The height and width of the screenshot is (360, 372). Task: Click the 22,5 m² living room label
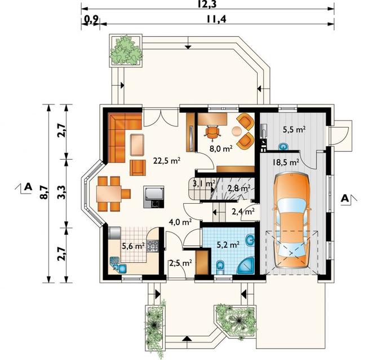coord(167,161)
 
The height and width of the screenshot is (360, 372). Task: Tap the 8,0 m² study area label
coord(221,148)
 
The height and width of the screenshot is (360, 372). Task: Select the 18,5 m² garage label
coord(286,163)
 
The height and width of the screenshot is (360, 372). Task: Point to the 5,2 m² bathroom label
coord(228,244)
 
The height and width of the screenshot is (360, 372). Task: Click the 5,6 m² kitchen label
coord(134,246)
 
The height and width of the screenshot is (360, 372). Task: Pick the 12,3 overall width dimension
coord(207,4)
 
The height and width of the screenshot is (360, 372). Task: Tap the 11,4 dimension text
coord(216,19)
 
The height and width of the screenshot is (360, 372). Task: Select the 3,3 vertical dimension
coord(61,192)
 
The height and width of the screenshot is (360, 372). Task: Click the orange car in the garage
coord(292,221)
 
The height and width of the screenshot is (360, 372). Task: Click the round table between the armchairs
coord(237,131)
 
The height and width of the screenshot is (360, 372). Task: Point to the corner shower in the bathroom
coord(246,266)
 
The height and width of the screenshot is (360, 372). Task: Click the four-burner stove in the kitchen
coord(153,246)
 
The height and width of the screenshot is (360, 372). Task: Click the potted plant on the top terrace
coord(126,50)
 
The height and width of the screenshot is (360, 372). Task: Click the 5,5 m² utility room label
coord(294,129)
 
